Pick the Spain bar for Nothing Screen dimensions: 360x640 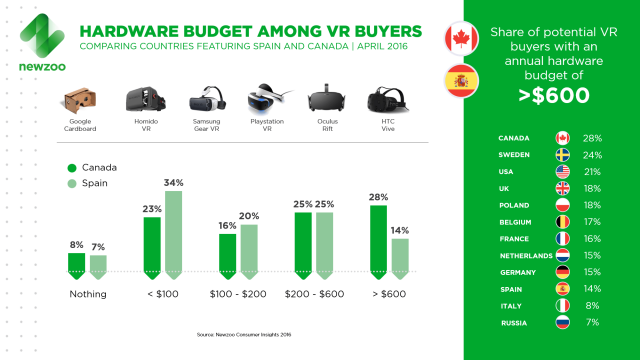(x=99, y=264)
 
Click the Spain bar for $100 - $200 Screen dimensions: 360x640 (x=249, y=248)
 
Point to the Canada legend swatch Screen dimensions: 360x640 (x=72, y=168)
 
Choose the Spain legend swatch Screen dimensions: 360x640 (x=72, y=184)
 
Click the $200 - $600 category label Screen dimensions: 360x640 (x=312, y=294)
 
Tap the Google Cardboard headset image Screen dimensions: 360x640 (x=79, y=103)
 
